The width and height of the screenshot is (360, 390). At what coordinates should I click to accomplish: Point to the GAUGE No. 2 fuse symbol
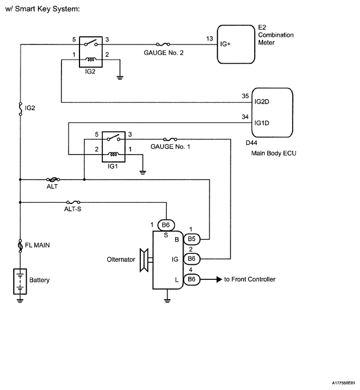pyautogui.click(x=163, y=45)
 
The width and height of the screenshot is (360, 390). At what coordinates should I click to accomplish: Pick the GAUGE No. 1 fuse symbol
pyautogui.click(x=170, y=139)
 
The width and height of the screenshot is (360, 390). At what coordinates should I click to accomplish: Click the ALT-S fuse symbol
pyautogui.click(x=73, y=202)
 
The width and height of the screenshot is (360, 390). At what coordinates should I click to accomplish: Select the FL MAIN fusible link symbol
pyautogui.click(x=20, y=246)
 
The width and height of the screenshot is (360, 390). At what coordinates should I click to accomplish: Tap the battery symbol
pyautogui.click(x=20, y=281)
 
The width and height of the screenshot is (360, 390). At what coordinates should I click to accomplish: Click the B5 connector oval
pyautogui.click(x=191, y=240)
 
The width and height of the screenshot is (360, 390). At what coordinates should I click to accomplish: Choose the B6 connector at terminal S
pyautogui.click(x=166, y=225)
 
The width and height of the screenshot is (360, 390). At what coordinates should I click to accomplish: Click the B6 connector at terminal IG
pyautogui.click(x=191, y=259)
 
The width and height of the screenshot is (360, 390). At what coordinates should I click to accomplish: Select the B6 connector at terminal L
pyautogui.click(x=191, y=279)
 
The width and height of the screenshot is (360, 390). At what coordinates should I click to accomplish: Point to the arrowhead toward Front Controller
pyautogui.click(x=219, y=279)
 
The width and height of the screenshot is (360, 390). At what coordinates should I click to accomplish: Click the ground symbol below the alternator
pyautogui.click(x=167, y=301)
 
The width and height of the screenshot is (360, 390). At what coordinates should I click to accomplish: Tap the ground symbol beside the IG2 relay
pyautogui.click(x=120, y=78)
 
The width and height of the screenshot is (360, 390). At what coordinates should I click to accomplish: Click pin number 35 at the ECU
pyautogui.click(x=245, y=96)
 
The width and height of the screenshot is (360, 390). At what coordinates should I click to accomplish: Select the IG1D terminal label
pyautogui.click(x=262, y=123)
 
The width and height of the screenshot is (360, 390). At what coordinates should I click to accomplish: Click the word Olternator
pyautogui.click(x=121, y=259)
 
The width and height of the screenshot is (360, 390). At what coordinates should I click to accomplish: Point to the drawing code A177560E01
pyautogui.click(x=343, y=383)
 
